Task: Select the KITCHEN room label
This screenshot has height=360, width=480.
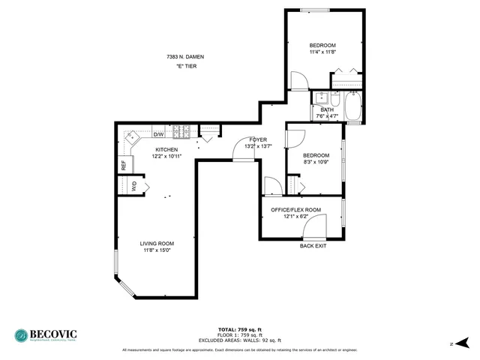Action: click(x=166, y=149)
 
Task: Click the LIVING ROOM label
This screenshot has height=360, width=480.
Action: click(x=157, y=243)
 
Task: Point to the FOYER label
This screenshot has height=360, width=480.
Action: click(x=258, y=139)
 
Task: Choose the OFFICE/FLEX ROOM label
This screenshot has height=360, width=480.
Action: click(x=295, y=209)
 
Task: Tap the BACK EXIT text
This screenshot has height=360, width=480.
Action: click(x=313, y=246)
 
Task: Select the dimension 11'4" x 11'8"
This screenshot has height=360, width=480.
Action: click(x=322, y=52)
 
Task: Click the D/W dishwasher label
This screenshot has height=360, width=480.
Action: click(x=158, y=134)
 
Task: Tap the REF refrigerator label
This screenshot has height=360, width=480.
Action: click(x=124, y=165)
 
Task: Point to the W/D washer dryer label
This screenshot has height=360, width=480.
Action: click(x=134, y=187)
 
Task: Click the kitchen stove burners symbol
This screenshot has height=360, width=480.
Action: click(x=181, y=133)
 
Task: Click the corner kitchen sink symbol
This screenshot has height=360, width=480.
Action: click(x=133, y=137)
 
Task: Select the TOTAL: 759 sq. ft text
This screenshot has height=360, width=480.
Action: click(x=239, y=330)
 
